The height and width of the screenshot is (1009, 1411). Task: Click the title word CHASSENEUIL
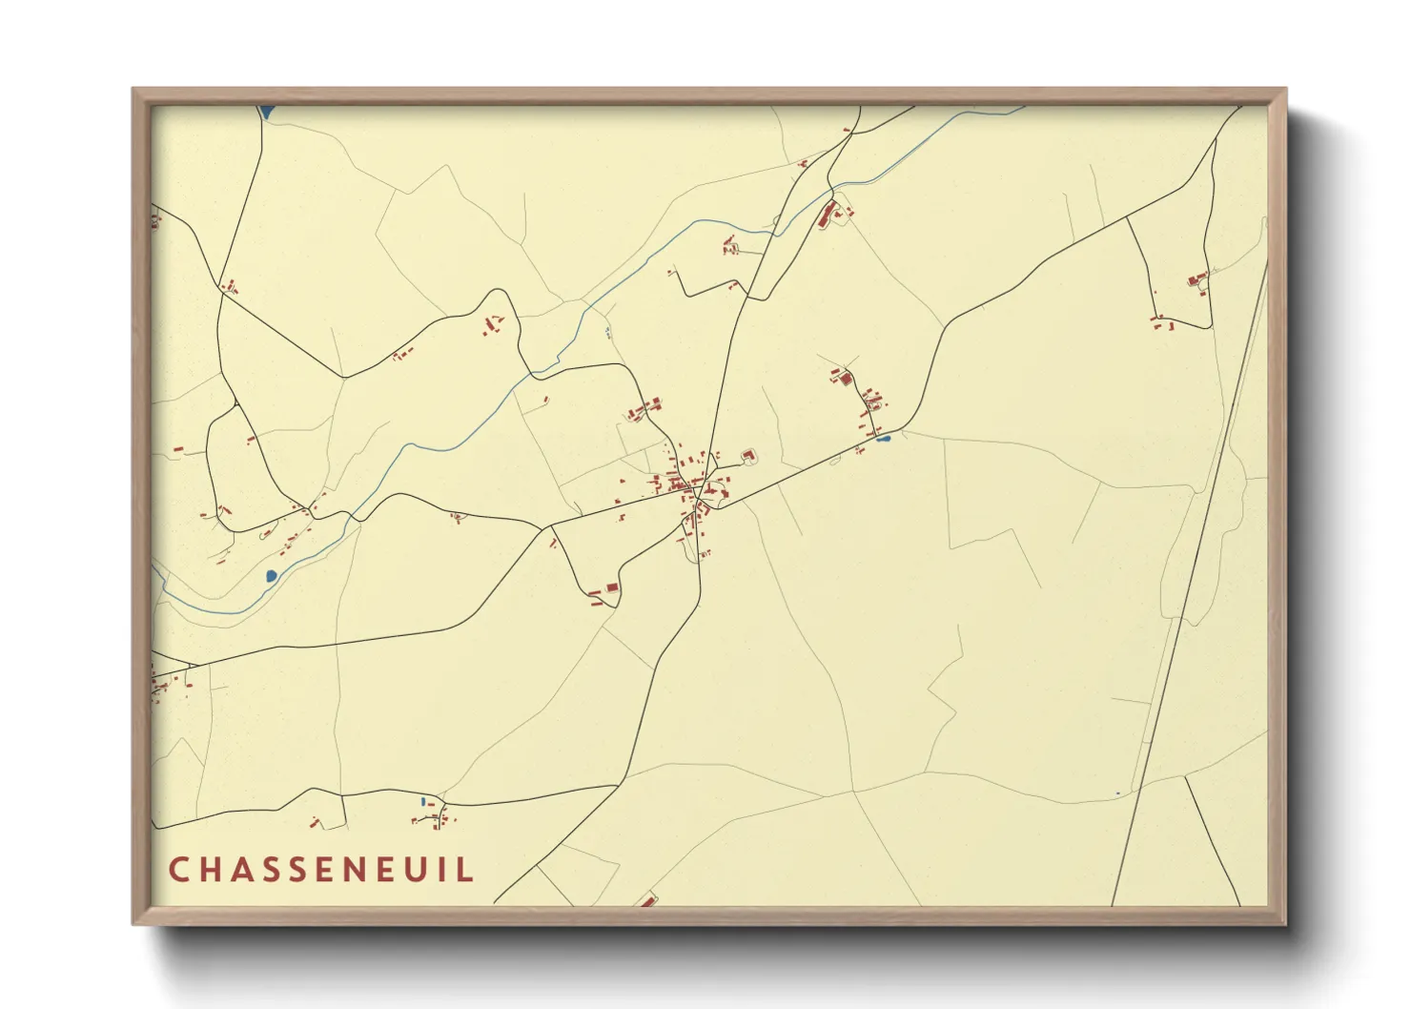[321, 870]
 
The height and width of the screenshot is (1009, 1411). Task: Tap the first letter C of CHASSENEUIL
[178, 870]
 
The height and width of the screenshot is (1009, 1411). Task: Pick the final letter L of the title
[466, 870]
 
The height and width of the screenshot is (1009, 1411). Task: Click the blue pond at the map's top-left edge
[266, 112]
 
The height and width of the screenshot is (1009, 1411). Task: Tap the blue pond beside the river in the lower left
[271, 575]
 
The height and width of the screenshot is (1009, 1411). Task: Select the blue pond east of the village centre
[883, 439]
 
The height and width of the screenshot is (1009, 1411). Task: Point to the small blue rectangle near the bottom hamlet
[422, 802]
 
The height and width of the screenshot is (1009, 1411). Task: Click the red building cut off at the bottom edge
[648, 900]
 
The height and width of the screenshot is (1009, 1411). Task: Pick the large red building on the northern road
[827, 214]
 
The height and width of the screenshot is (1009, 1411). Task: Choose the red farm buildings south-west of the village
[604, 592]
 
